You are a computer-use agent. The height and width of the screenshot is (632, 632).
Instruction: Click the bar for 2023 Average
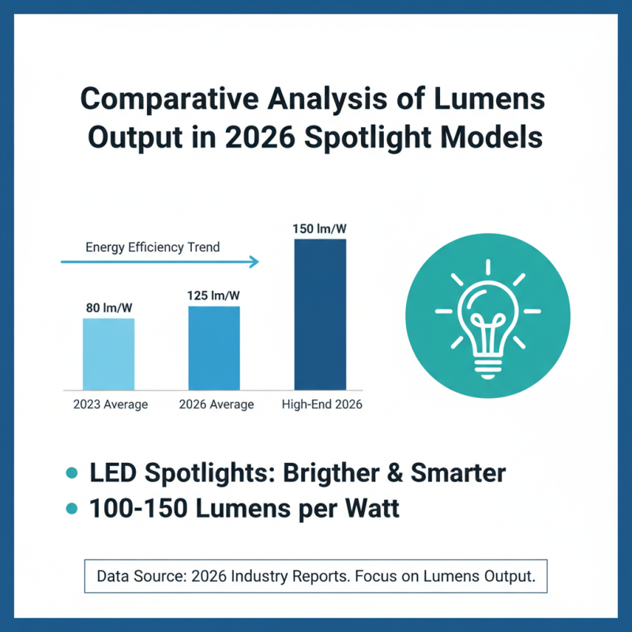[108, 354]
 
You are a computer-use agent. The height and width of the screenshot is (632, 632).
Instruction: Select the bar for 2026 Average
[214, 348]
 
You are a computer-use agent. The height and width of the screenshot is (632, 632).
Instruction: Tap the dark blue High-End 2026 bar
[320, 314]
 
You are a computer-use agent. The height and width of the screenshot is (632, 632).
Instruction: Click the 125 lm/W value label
[214, 295]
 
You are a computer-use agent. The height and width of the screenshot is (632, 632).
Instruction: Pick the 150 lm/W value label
[320, 229]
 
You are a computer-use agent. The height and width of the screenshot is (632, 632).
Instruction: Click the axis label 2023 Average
[108, 404]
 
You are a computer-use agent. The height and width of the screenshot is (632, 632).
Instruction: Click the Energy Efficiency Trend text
[152, 247]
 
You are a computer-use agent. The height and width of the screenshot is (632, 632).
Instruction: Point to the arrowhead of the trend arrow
[254, 261]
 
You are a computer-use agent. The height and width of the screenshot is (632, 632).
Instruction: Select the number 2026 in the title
[252, 137]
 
